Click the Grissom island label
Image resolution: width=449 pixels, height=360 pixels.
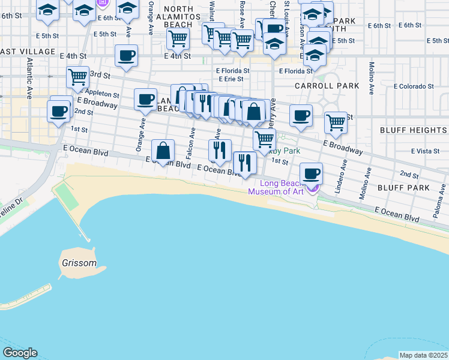79,263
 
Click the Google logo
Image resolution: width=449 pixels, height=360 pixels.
20,353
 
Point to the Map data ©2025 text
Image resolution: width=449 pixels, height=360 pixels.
424,355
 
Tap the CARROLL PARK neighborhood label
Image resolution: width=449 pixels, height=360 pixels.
327,86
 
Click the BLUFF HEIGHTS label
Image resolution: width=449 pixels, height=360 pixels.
414,130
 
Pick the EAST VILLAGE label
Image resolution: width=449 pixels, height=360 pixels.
18,52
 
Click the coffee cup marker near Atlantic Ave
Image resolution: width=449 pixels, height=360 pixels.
59,112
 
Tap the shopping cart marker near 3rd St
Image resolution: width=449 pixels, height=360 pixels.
77,77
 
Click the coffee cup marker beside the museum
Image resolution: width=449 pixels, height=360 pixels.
311,174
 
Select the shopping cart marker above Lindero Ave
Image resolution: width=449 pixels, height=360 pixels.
336,122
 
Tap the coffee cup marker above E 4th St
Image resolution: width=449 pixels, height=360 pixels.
126,56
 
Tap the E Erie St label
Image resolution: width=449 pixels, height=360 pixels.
231,79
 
